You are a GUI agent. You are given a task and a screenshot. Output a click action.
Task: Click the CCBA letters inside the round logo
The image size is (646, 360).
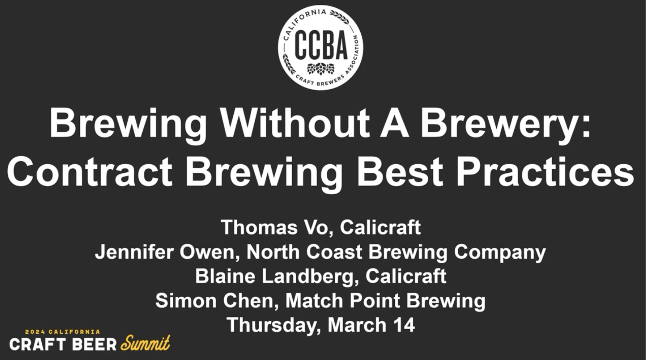pyautogui.click(x=321, y=46)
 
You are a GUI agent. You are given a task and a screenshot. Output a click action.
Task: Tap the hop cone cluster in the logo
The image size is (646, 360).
pyautogui.click(x=321, y=68)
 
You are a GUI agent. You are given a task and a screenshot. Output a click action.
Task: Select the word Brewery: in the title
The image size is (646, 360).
pyautogui.click(x=505, y=123)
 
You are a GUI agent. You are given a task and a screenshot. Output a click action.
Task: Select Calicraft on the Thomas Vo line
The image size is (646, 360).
pyautogui.click(x=380, y=227)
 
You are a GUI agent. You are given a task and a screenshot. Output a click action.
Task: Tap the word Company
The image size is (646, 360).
pyautogui.click(x=500, y=252)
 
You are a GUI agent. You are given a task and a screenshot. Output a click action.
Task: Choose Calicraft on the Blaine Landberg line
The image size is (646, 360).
pyautogui.click(x=406, y=276)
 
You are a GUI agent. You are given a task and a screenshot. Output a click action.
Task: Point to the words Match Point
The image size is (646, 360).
pyautogui.click(x=342, y=301)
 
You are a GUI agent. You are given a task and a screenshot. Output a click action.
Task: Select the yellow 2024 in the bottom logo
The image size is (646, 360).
pyautogui.click(x=35, y=332)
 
